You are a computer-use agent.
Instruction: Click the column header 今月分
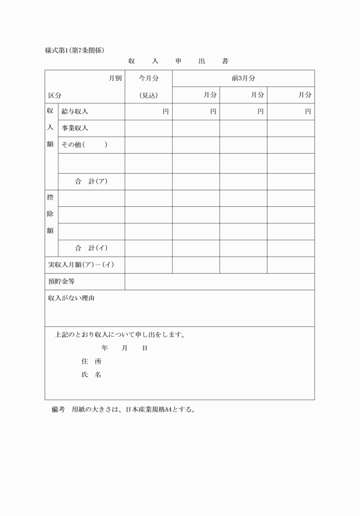pyautogui.click(x=149, y=78)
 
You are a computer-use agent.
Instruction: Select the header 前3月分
pyautogui.click(x=243, y=78)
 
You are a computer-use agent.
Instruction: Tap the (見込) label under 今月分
pyautogui.click(x=149, y=95)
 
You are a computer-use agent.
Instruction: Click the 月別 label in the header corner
pyautogui.click(x=115, y=78)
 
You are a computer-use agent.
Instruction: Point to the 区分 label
pyautogui.click(x=55, y=95)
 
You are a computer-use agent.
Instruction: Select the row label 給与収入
pyautogui.click(x=75, y=111)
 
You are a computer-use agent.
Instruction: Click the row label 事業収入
pyautogui.click(x=75, y=128)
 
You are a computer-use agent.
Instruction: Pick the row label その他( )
pyautogui.click(x=84, y=145)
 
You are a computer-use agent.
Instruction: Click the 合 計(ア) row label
pyautogui.click(x=91, y=182)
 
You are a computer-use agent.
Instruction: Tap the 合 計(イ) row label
pyautogui.click(x=91, y=248)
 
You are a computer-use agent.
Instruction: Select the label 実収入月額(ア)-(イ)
pyautogui.click(x=81, y=265)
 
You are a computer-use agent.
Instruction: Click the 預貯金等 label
pyautogui.click(x=61, y=281)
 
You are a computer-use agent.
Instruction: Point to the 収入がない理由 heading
pyautogui.click(x=71, y=298)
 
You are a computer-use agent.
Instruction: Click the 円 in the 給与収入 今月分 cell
pyautogui.click(x=166, y=111)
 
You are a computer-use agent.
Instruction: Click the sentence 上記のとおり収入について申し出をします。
pyautogui.click(x=119, y=334)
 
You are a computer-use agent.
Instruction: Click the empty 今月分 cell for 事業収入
pyautogui.click(x=149, y=128)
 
